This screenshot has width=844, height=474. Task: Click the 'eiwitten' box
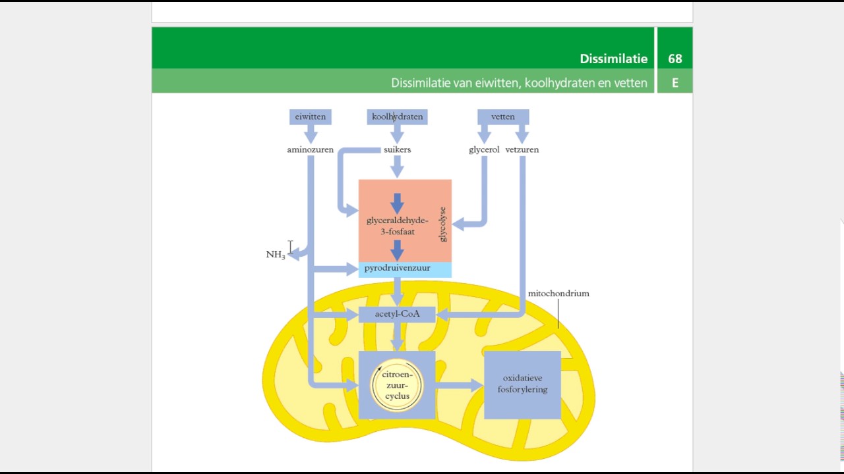coord(310,117)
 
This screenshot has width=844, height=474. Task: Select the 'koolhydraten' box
coord(397,117)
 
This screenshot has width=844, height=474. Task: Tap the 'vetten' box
coord(503,117)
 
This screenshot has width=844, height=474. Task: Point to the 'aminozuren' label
coord(310,149)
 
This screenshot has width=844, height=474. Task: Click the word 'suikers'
coord(397,149)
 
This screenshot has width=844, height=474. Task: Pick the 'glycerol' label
coord(484,149)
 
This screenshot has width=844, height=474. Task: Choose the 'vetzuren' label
coord(522,149)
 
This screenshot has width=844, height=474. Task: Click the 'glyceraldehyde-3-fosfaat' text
coord(397,226)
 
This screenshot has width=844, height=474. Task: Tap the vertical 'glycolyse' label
coord(442,224)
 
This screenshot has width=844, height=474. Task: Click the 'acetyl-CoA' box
coord(397,314)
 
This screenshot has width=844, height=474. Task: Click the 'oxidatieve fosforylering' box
coord(522,384)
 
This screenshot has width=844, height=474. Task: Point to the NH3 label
coord(276,255)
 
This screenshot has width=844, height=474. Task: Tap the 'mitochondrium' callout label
coord(558,294)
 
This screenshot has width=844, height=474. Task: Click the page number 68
coord(675,59)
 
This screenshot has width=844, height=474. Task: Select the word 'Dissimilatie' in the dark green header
coord(613,59)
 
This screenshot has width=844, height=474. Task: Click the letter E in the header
coord(675,83)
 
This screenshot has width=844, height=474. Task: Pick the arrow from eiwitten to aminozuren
coord(311,134)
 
